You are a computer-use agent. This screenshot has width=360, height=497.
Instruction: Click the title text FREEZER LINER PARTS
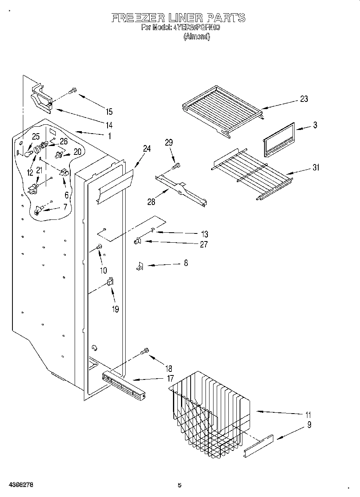click(178, 18)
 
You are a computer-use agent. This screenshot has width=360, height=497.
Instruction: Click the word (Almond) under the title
click(197, 37)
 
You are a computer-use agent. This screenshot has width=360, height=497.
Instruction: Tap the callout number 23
click(304, 99)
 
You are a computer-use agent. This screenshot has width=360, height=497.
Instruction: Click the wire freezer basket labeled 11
click(209, 413)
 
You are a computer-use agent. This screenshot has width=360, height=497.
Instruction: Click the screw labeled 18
click(144, 351)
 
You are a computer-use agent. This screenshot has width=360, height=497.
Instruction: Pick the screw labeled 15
click(73, 91)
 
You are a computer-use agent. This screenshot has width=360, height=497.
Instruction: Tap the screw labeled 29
click(176, 165)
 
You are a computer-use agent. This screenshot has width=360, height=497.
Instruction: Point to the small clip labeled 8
click(140, 266)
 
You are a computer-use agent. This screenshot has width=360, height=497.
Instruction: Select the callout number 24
click(146, 148)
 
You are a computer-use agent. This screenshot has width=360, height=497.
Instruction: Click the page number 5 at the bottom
click(179, 485)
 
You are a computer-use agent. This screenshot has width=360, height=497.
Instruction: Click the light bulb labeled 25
click(28, 152)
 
